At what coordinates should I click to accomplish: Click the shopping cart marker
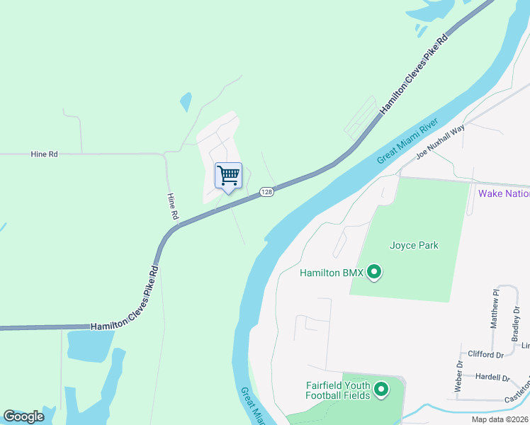[x=228, y=176]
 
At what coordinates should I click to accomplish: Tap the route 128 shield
[x=266, y=192]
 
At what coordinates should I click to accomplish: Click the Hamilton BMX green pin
[x=375, y=272]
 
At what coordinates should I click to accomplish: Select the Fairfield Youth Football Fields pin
[x=381, y=389]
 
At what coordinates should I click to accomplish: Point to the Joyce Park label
[x=414, y=246]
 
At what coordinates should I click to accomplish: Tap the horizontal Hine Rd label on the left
[x=44, y=154]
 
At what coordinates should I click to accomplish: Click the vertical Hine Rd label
[x=172, y=206]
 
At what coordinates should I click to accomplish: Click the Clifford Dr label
[x=485, y=354]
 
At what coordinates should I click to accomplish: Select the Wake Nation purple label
[x=504, y=193]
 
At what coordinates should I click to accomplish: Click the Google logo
[x=23, y=416]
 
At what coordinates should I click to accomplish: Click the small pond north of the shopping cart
[x=186, y=102]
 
